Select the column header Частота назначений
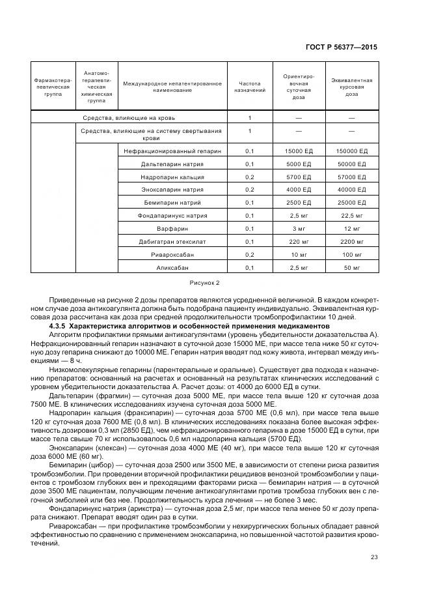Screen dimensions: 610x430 pos(249,87)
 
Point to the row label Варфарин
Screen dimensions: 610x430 pos(172,229)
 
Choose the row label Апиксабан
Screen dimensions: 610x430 pos(172,268)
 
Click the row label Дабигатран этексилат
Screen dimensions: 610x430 pos(172,242)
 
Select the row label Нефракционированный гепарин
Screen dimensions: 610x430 pos(172,151)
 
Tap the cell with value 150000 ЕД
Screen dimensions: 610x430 pos(352,151)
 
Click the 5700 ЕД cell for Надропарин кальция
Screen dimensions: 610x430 pos(299,177)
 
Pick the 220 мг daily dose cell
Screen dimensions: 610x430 pos(299,242)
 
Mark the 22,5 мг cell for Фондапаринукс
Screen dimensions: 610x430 pos(352,216)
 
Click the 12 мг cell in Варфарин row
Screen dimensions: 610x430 pos(352,229)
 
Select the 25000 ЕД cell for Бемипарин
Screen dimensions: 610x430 pos(352,203)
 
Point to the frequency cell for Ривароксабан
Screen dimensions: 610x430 pos(249,255)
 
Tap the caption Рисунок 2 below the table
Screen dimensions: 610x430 pos(205,283)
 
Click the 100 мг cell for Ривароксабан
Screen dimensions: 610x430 pos(352,255)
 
